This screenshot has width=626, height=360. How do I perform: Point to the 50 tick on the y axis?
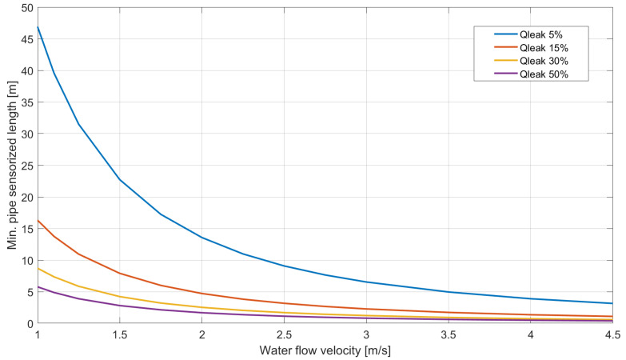27,8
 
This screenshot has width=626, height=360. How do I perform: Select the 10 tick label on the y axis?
27,260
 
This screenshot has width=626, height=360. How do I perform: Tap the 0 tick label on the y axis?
30,323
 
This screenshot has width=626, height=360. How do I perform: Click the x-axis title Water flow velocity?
325,350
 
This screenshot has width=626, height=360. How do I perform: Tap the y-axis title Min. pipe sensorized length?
11,165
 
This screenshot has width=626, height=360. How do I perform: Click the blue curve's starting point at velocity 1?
38,27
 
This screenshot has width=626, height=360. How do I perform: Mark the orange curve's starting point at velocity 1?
38,220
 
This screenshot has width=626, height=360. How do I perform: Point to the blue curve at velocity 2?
201,238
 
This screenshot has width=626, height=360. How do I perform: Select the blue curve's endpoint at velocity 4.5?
612,303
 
